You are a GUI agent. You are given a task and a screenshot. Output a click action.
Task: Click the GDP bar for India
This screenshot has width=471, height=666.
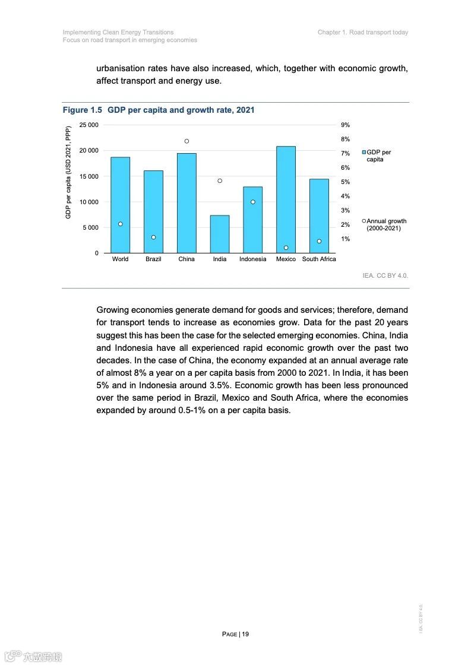pyautogui.click(x=219, y=234)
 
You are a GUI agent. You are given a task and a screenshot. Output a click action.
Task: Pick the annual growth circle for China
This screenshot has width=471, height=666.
pyautogui.click(x=186, y=141)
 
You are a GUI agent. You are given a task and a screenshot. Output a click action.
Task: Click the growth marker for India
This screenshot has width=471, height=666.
pyautogui.click(x=219, y=180)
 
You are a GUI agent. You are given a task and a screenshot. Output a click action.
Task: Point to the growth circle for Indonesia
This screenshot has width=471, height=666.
pyautogui.click(x=252, y=202)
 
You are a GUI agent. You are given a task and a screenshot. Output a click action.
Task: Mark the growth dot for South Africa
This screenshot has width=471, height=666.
pyautogui.click(x=319, y=241)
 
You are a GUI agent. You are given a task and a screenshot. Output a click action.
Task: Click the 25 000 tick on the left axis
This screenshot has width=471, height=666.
pyautogui.click(x=88, y=125)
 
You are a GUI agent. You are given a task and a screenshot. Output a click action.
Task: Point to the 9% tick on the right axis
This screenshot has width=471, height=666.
pyautogui.click(x=345, y=125)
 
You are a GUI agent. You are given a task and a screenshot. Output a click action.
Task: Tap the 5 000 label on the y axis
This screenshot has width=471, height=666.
pyautogui.click(x=91, y=228)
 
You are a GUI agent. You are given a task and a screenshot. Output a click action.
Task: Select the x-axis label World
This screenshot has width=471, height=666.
pyautogui.click(x=120, y=259)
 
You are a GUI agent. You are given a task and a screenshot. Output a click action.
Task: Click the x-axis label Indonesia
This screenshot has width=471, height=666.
pyautogui.click(x=252, y=259)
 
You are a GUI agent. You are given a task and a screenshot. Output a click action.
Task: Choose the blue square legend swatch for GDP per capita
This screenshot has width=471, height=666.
pyautogui.click(x=363, y=153)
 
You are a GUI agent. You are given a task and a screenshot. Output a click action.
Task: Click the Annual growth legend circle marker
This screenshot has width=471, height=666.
pyautogui.click(x=363, y=221)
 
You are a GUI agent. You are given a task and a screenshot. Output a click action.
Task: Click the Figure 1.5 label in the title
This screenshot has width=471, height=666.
pyautogui.click(x=83, y=110)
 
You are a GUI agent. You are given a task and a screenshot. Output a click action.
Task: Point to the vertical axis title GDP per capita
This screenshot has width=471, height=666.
pyautogui.click(x=68, y=172)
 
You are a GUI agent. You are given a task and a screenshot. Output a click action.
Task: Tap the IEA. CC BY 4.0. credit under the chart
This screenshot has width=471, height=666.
pyautogui.click(x=385, y=276)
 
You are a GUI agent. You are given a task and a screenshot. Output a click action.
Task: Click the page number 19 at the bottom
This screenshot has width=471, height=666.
pyautogui.click(x=245, y=634)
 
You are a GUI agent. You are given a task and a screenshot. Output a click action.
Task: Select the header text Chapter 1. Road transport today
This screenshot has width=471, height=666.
pyautogui.click(x=363, y=32)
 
